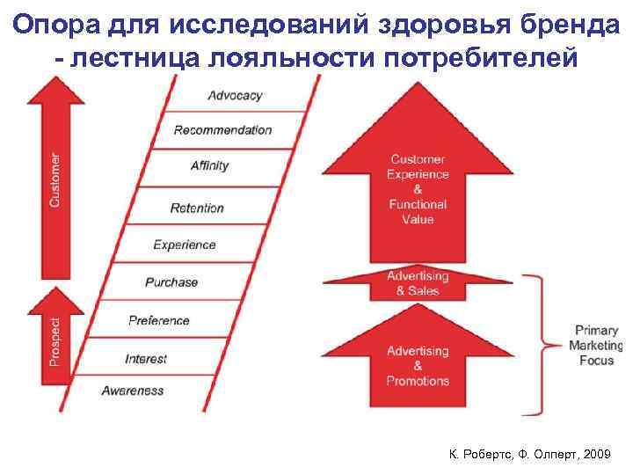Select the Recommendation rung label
click(222, 130)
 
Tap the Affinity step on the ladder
click(209, 165)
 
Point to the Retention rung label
click(197, 208)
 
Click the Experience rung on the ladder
click(185, 245)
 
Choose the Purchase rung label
click(171, 281)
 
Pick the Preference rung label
click(158, 320)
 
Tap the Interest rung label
click(146, 359)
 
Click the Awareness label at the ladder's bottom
click(133, 391)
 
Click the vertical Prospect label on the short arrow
click(55, 342)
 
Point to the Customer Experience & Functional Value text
click(418, 189)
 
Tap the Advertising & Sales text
click(418, 283)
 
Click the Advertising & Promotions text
click(418, 366)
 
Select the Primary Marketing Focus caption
click(596, 346)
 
